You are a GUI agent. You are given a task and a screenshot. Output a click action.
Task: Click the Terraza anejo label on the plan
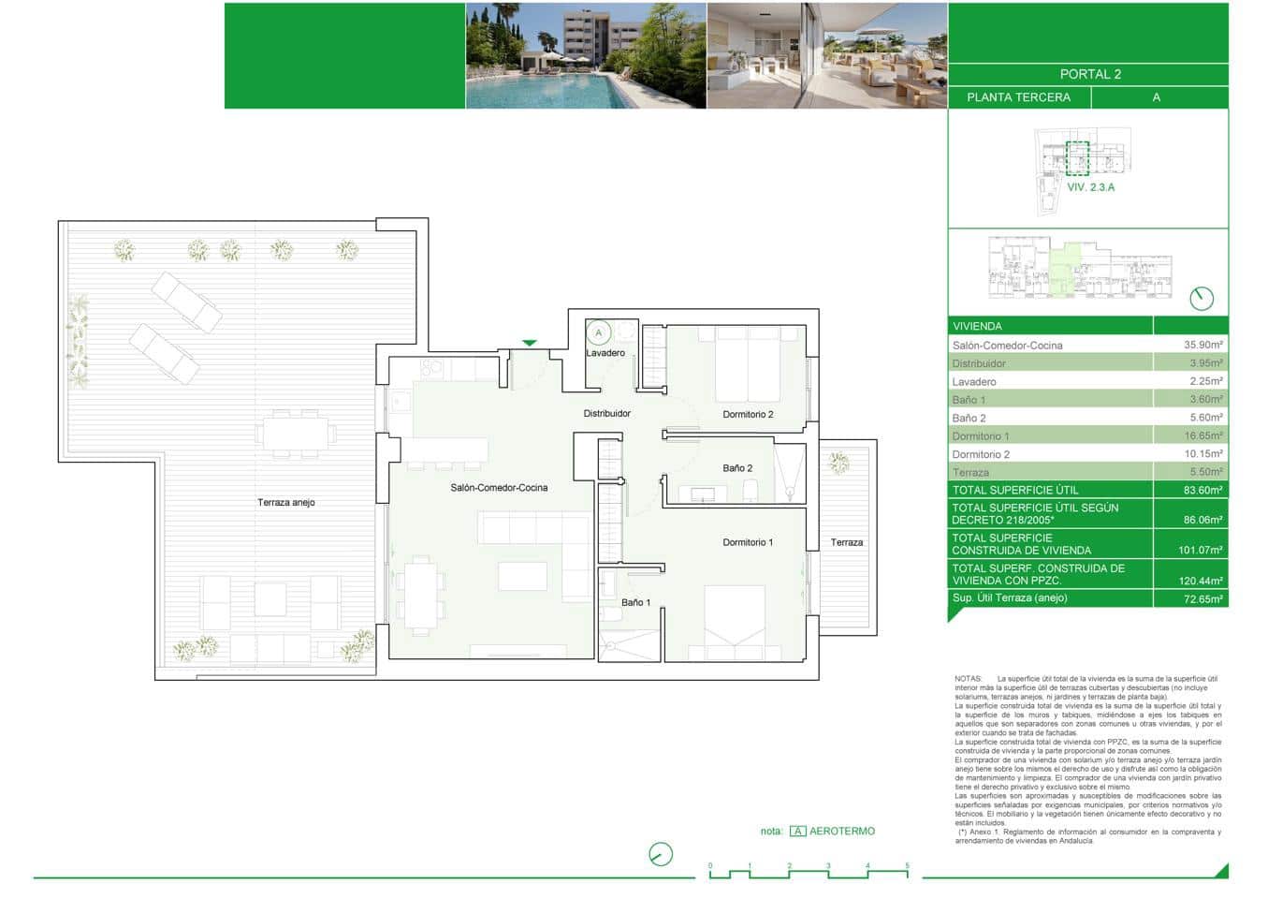(x=286, y=503)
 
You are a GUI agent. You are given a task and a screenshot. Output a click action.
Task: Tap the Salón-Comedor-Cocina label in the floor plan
(x=499, y=488)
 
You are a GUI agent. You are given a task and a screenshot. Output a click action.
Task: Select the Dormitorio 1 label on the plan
(x=748, y=542)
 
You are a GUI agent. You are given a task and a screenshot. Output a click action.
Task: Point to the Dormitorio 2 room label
(x=748, y=414)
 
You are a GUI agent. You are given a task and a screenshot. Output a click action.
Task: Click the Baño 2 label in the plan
(x=737, y=468)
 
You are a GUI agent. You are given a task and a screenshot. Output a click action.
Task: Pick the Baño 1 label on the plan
(x=635, y=602)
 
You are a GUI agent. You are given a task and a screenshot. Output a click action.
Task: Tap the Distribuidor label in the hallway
(x=607, y=413)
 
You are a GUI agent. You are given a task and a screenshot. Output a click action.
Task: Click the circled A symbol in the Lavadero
(x=599, y=332)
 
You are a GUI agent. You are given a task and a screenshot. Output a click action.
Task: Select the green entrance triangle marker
(x=530, y=343)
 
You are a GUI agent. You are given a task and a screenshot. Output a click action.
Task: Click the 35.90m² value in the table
(x=1203, y=345)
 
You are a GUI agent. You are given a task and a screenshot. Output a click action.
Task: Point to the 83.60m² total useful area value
(x=1203, y=490)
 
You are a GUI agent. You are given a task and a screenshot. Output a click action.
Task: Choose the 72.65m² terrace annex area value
(x=1203, y=598)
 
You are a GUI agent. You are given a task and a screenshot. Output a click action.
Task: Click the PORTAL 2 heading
(x=1090, y=74)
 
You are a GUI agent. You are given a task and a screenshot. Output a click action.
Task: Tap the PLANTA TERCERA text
(x=1018, y=97)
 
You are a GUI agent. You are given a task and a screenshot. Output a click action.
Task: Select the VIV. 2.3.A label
(x=1091, y=187)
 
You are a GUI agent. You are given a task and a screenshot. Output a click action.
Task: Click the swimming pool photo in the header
(x=586, y=56)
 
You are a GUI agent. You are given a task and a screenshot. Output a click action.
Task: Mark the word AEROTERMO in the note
(x=841, y=831)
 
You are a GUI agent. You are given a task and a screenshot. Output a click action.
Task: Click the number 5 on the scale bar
(x=907, y=866)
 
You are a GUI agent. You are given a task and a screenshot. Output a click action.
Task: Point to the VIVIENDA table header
(x=977, y=326)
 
